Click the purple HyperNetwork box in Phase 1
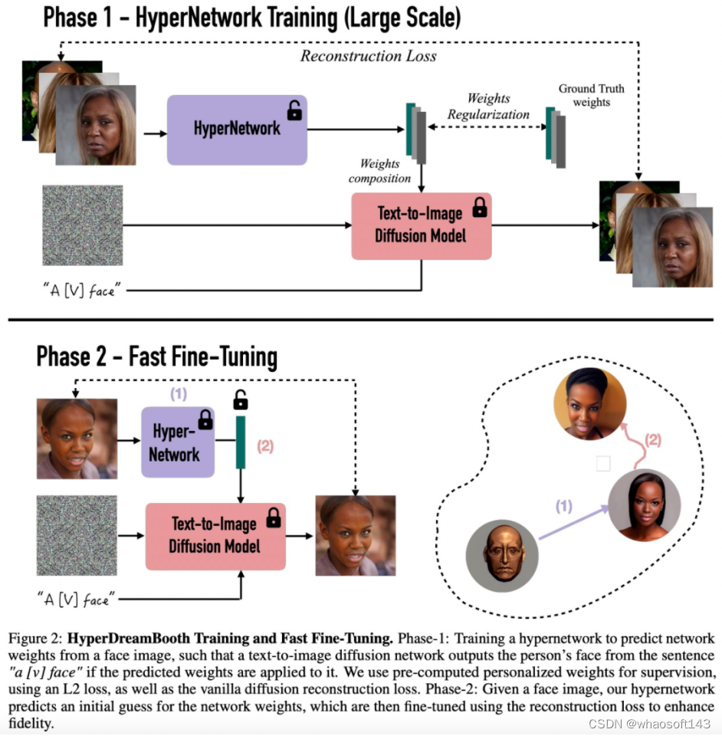(x=237, y=130)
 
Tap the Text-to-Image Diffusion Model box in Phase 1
(x=420, y=225)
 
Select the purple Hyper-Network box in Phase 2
(x=178, y=442)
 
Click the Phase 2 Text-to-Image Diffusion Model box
(x=215, y=536)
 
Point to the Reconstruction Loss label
(x=368, y=56)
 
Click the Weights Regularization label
(x=488, y=107)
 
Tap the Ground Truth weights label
(x=591, y=95)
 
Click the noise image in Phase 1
(x=83, y=225)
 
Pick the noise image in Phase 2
(x=77, y=535)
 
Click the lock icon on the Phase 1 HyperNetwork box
(x=294, y=111)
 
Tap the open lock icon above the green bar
(x=241, y=399)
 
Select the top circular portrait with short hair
(x=591, y=403)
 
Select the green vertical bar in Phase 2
(x=241, y=442)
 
